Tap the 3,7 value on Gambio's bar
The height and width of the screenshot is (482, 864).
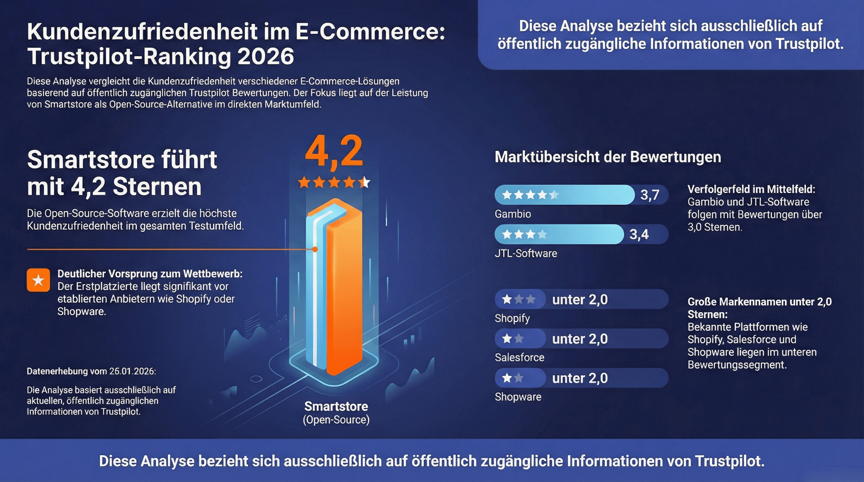pos(650,195)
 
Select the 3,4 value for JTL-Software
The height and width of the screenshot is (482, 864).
pos(639,234)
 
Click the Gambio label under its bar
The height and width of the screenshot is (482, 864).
pos(513,214)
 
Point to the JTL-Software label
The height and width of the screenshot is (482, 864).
pos(526,253)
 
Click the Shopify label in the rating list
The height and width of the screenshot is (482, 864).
pos(512,318)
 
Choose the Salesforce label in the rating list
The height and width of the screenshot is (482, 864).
pos(519,358)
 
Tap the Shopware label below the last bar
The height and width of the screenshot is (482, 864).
pos(518,397)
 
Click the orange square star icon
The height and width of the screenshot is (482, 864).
pos(38,280)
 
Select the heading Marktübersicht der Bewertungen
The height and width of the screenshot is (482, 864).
pos(607,157)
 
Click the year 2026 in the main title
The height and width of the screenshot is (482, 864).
pos(265,57)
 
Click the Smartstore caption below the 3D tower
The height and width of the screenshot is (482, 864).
pos(336,407)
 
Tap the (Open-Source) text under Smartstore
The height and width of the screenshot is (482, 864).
pos(336,420)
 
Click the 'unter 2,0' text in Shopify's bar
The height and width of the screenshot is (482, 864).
pos(580,300)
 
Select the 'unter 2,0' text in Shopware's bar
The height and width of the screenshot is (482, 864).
pos(580,378)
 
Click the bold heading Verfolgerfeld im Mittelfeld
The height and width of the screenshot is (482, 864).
pos(751,189)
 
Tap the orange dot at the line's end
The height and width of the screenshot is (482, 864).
pos(315,250)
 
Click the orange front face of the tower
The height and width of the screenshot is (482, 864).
pos(344,295)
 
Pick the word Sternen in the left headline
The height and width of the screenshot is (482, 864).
pos(157,187)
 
